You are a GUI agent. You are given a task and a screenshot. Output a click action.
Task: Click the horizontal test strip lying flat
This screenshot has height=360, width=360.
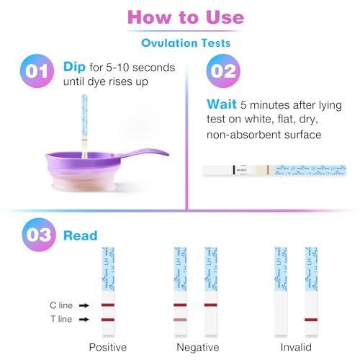coord(266,170)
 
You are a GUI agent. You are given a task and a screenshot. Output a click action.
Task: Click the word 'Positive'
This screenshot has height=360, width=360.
coord(107,347)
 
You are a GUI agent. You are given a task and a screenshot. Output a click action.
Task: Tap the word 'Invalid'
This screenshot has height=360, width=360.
coord(296,347)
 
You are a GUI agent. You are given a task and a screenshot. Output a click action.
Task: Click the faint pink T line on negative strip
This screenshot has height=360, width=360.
coord(180,319)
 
